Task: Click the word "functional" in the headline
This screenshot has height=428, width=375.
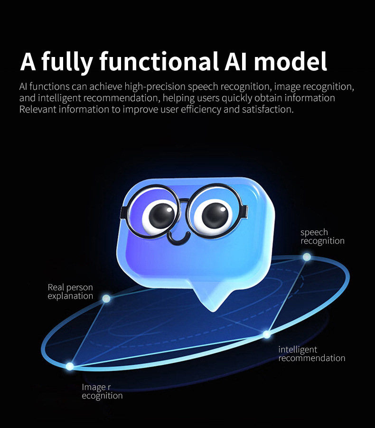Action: [159, 61]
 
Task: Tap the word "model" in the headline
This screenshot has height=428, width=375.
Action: [291, 61]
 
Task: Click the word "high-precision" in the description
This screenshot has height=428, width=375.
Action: [155, 87]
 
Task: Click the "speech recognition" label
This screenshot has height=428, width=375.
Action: [322, 237]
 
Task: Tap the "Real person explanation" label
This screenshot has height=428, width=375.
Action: [70, 292]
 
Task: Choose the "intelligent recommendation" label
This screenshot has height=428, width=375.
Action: [312, 354]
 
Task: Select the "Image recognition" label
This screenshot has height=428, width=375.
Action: [102, 391]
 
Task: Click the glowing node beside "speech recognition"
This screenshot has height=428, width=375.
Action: [307, 257]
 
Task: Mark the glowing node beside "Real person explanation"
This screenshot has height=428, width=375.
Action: [106, 299]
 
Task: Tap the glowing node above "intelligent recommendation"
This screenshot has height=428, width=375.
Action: [266, 334]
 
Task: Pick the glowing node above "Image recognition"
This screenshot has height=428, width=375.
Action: [70, 366]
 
